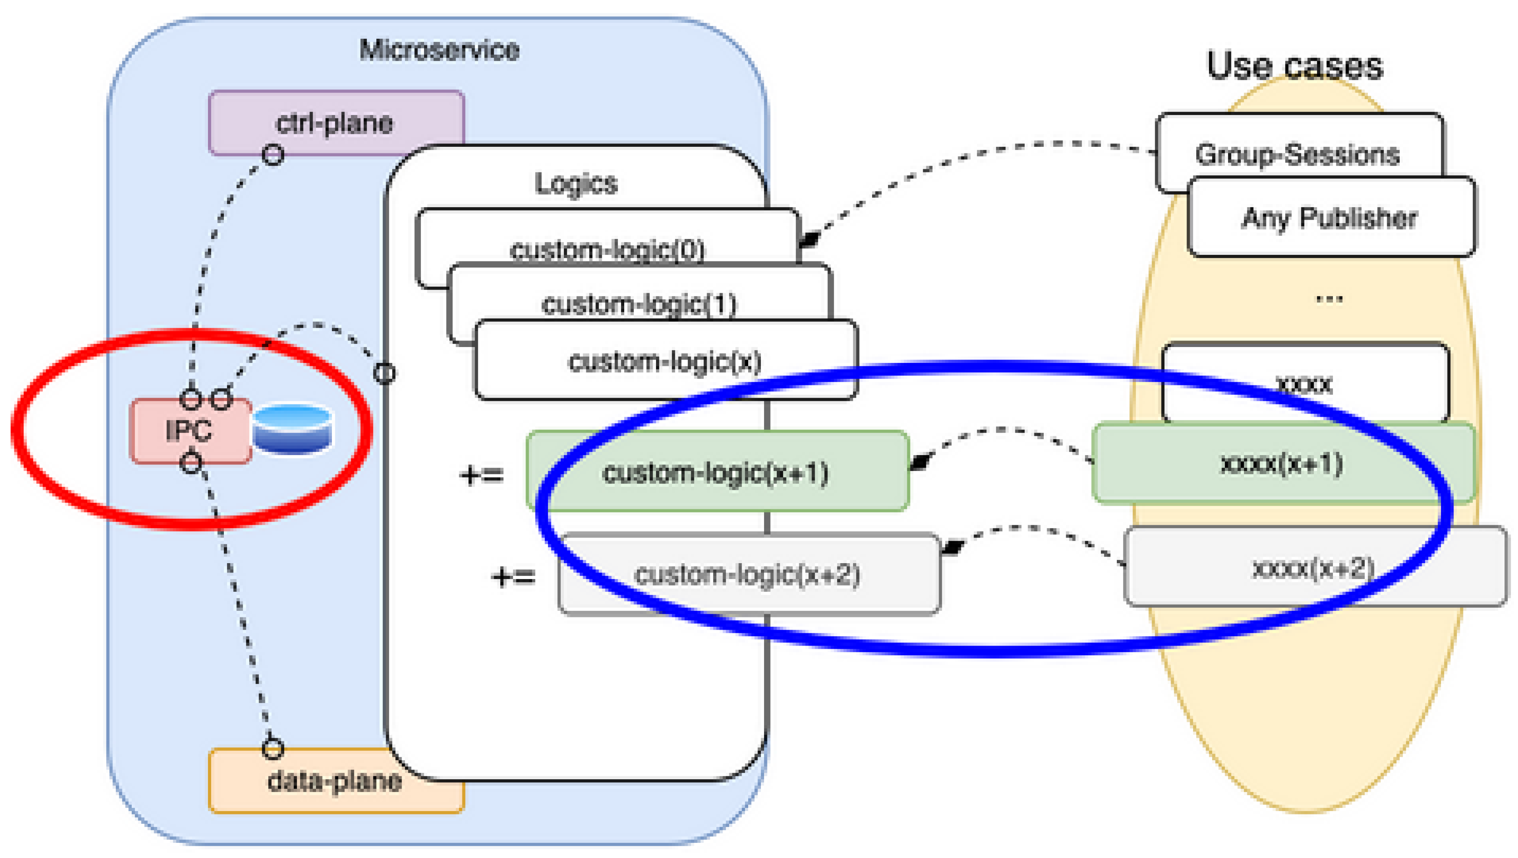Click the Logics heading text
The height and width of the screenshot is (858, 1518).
[576, 184]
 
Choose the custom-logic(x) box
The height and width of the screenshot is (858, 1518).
[665, 360]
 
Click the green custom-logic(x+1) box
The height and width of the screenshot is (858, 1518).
[716, 472]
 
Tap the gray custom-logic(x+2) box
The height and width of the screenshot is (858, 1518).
[748, 575]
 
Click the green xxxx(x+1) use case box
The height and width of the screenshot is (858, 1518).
[1282, 463]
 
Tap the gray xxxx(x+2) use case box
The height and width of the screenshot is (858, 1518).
[1314, 568]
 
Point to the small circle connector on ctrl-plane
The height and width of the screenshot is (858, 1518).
[273, 155]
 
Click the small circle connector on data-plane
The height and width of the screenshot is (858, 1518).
[273, 748]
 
